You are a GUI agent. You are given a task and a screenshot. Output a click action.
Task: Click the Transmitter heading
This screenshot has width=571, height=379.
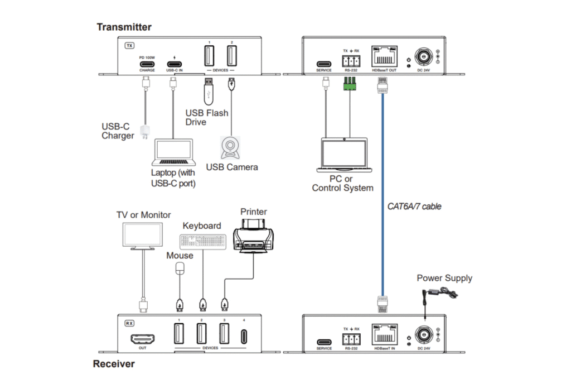(124, 27)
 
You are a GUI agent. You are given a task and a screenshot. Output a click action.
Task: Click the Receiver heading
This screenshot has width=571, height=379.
(114, 364)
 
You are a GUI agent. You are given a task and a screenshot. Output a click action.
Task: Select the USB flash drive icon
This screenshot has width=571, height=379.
(209, 92)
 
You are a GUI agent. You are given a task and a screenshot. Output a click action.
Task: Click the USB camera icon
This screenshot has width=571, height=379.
(231, 147)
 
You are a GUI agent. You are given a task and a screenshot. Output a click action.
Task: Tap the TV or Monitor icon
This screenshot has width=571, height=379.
(143, 237)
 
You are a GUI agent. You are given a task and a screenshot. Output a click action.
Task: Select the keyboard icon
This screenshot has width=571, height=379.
(202, 241)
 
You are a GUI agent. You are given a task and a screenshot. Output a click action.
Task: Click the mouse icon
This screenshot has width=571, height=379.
(180, 269)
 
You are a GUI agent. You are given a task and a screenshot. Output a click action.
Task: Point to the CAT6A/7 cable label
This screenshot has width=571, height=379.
(414, 207)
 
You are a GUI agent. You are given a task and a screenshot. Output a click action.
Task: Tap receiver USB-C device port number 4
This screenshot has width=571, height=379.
(244, 337)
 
